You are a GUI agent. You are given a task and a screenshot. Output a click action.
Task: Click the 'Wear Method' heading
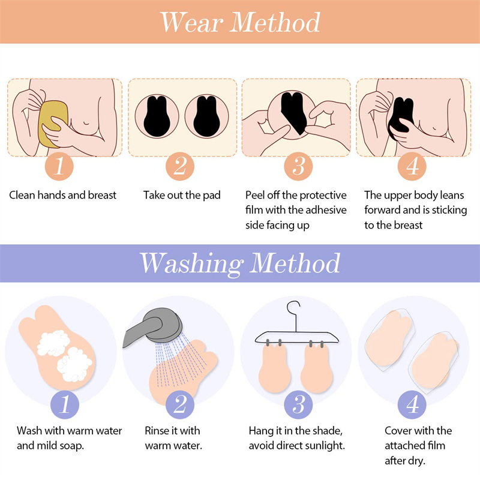(x=240, y=22)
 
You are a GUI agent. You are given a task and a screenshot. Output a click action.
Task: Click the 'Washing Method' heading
(x=240, y=263)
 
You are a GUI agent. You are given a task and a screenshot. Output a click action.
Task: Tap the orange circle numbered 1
(x=59, y=166)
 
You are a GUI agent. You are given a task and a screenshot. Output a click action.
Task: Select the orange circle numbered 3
(x=298, y=166)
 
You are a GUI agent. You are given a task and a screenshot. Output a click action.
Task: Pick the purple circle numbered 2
(x=180, y=404)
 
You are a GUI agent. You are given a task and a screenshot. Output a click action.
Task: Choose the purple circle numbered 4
(x=412, y=404)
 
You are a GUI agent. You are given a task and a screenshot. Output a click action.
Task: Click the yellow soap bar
(x=52, y=124)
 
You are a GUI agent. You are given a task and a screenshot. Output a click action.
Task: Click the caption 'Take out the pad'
(x=182, y=195)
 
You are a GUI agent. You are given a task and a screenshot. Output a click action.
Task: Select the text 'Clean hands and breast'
(x=63, y=195)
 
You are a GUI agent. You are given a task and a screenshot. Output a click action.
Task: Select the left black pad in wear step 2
(x=157, y=117)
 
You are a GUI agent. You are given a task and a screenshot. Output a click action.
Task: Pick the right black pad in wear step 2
(x=206, y=117)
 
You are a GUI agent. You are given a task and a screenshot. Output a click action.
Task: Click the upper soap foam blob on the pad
(x=53, y=343)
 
